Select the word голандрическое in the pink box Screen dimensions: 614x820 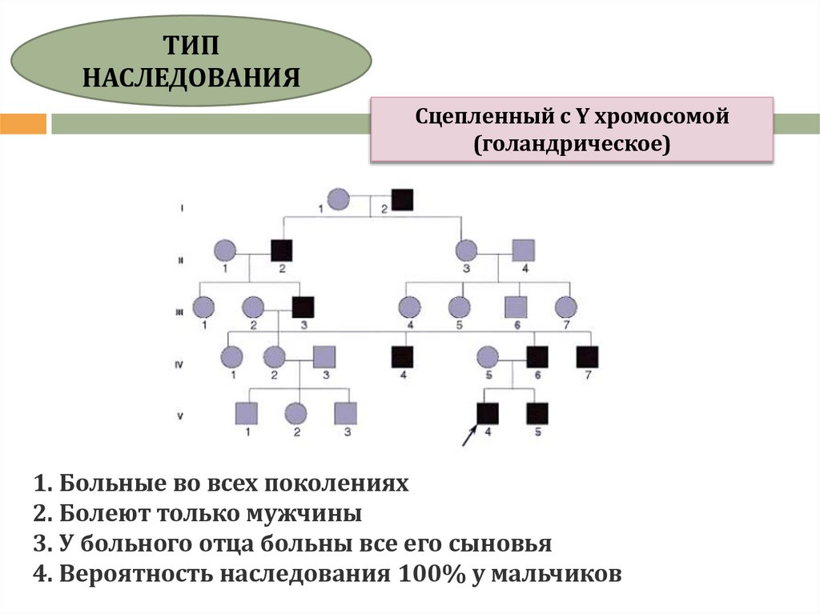click(571, 144)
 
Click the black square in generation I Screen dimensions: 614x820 click(403, 199)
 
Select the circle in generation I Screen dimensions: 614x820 click(340, 199)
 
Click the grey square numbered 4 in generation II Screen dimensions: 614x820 click(523, 251)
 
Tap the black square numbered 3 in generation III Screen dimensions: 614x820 click(303, 306)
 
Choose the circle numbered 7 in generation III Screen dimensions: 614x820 click(565, 306)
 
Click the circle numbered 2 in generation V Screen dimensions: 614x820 click(297, 412)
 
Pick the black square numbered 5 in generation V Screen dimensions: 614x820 click(537, 412)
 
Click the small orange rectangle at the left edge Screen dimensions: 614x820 click(22, 124)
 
